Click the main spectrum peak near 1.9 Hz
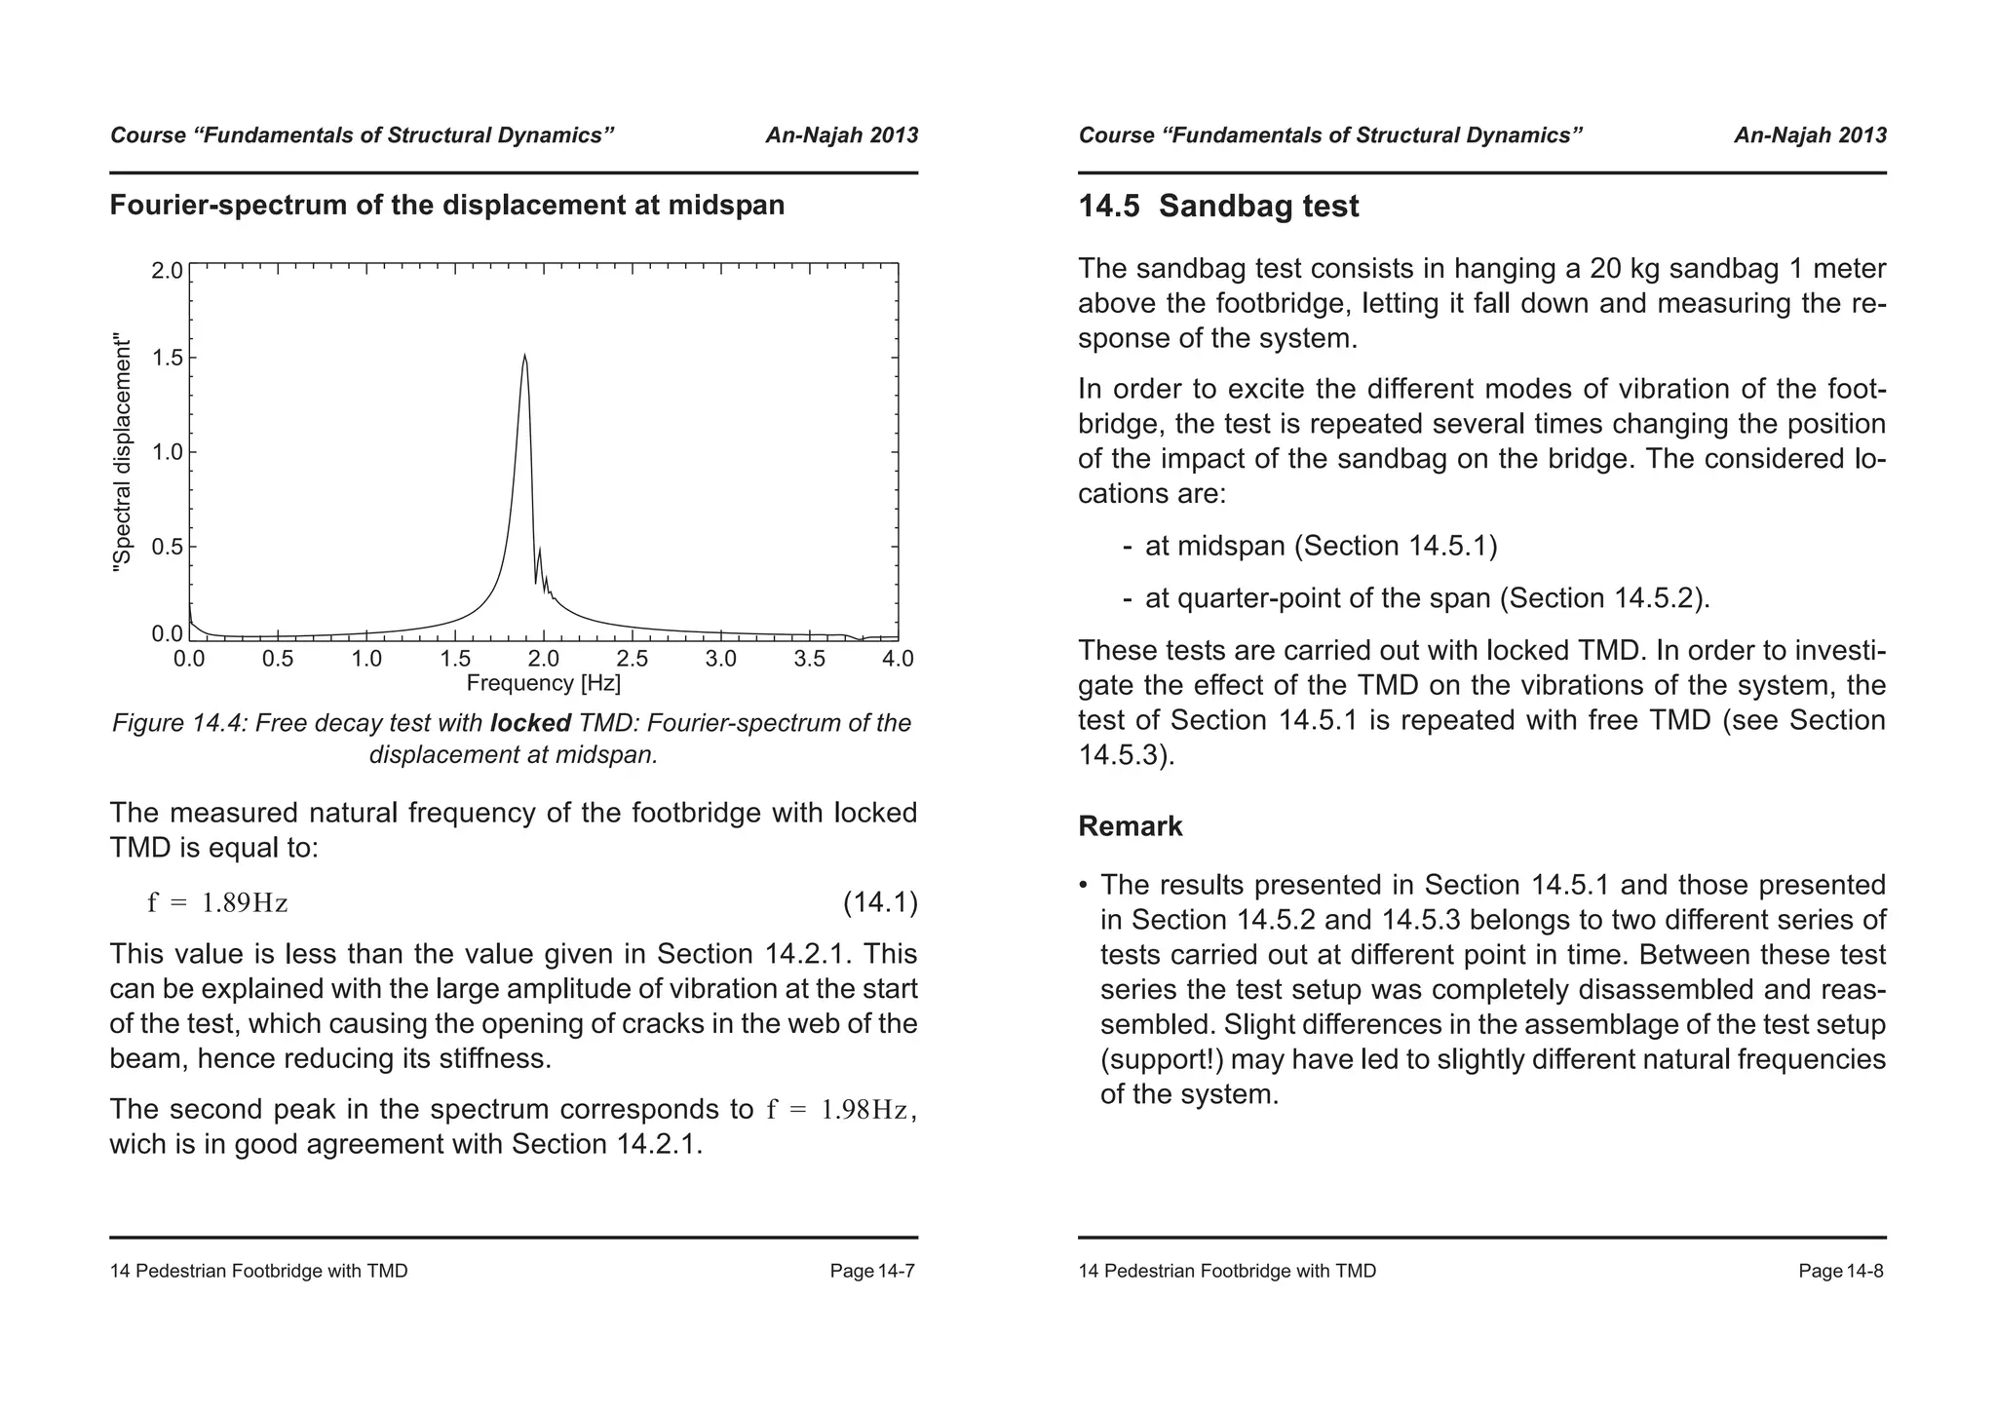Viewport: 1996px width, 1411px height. [524, 357]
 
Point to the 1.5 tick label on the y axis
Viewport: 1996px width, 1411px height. [168, 358]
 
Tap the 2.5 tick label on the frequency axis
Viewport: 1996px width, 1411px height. [633, 660]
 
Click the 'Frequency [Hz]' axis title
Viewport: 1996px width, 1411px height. [543, 683]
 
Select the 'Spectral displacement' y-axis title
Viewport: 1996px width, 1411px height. [122, 453]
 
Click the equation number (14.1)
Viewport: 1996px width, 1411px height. [879, 902]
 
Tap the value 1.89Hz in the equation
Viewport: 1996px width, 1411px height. [244, 903]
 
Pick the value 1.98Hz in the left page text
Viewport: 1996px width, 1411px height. [864, 1110]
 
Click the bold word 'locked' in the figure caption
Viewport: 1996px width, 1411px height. [530, 723]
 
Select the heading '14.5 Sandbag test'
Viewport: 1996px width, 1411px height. [1218, 207]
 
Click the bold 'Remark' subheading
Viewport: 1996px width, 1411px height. [1130, 826]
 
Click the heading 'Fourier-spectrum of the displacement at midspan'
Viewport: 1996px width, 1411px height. [446, 206]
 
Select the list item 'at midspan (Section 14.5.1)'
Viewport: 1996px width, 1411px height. [1321, 546]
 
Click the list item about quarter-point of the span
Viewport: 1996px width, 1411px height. [1427, 598]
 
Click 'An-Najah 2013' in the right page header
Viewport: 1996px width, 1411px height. [1809, 135]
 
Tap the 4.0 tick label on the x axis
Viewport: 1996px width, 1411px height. [898, 660]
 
